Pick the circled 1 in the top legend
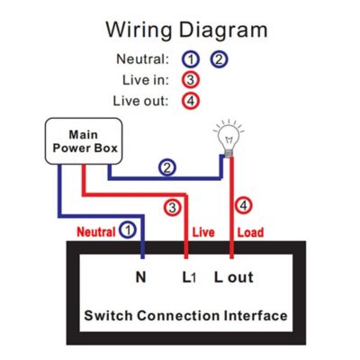(x=190, y=59)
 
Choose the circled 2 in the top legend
(x=219, y=59)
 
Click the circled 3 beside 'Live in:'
(x=191, y=80)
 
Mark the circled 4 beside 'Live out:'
(x=191, y=100)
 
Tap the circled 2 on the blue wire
(x=166, y=167)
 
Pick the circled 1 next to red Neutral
(x=129, y=229)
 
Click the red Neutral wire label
(x=94, y=230)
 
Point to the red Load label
(x=249, y=231)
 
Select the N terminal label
(x=140, y=276)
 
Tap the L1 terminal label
(x=189, y=276)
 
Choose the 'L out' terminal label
(x=233, y=276)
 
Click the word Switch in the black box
(x=110, y=316)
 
